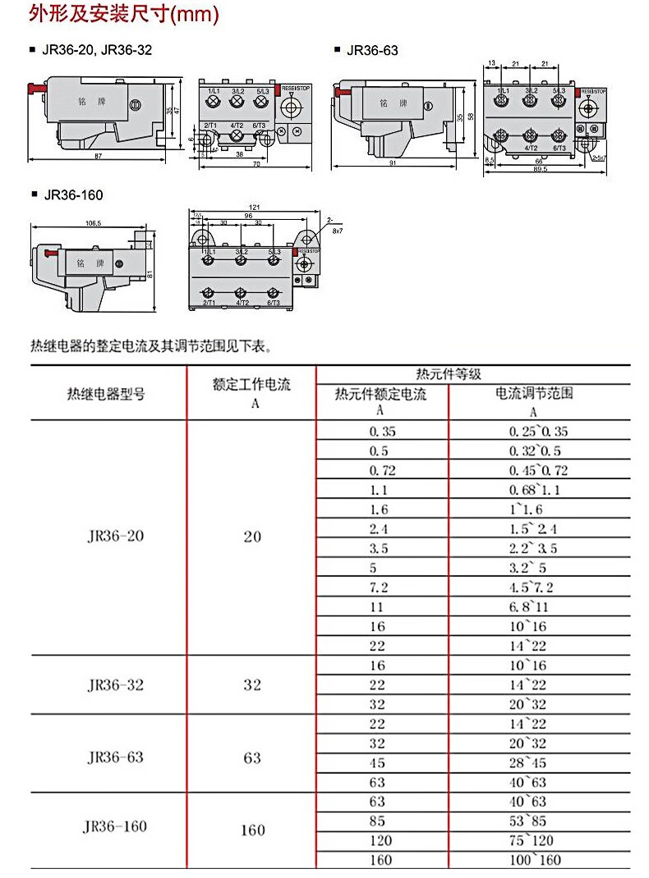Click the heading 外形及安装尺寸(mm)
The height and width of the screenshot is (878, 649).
(123, 14)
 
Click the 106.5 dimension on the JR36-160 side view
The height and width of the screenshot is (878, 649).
(92, 222)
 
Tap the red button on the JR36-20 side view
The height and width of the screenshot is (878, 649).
(35, 86)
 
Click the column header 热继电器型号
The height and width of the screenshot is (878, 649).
(106, 394)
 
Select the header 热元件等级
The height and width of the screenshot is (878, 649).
(448, 374)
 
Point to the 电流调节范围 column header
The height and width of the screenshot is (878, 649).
(533, 393)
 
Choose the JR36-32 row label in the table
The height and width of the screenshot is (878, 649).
(115, 684)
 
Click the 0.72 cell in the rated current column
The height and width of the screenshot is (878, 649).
(383, 470)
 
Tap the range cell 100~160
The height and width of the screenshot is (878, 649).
(535, 860)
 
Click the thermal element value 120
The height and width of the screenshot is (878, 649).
(381, 840)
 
